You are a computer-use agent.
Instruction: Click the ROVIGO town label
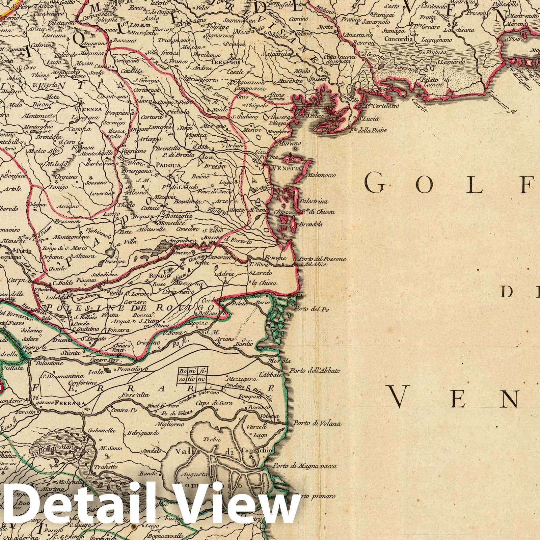point(158,275)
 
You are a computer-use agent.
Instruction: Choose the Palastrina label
point(315,201)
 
